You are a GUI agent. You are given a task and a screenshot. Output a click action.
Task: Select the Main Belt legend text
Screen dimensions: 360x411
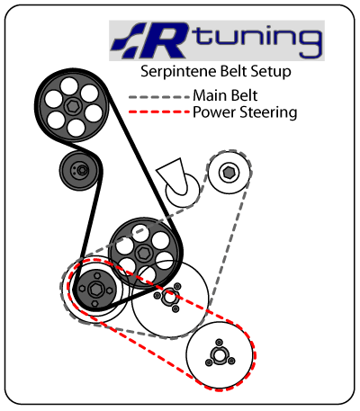click(x=225, y=95)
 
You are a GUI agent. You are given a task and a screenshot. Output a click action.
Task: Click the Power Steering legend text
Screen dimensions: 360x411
click(x=245, y=112)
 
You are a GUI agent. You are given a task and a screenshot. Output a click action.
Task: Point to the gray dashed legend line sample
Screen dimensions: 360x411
click(x=159, y=97)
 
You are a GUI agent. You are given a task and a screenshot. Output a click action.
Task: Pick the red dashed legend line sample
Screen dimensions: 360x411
click(x=159, y=112)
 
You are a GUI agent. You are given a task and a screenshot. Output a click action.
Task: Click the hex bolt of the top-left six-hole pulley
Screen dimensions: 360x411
click(x=73, y=106)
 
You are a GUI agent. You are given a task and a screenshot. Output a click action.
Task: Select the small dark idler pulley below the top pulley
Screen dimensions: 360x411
click(x=79, y=170)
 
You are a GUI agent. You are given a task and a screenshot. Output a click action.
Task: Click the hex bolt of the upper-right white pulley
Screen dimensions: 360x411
click(x=229, y=173)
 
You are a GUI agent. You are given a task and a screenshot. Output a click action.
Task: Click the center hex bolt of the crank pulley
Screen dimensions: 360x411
click(x=95, y=290)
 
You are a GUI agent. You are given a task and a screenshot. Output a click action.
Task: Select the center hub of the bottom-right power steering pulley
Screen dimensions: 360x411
click(x=220, y=356)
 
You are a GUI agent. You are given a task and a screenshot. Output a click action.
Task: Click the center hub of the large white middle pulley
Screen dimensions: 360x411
click(x=169, y=298)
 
